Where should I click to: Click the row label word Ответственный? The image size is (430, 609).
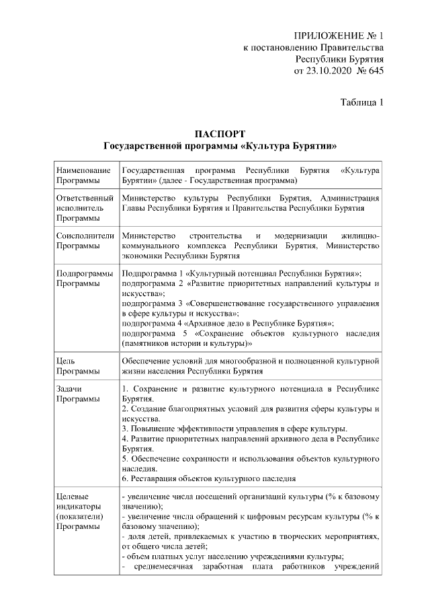coord(84,199)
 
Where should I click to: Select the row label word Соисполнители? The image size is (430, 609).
coord(85,236)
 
